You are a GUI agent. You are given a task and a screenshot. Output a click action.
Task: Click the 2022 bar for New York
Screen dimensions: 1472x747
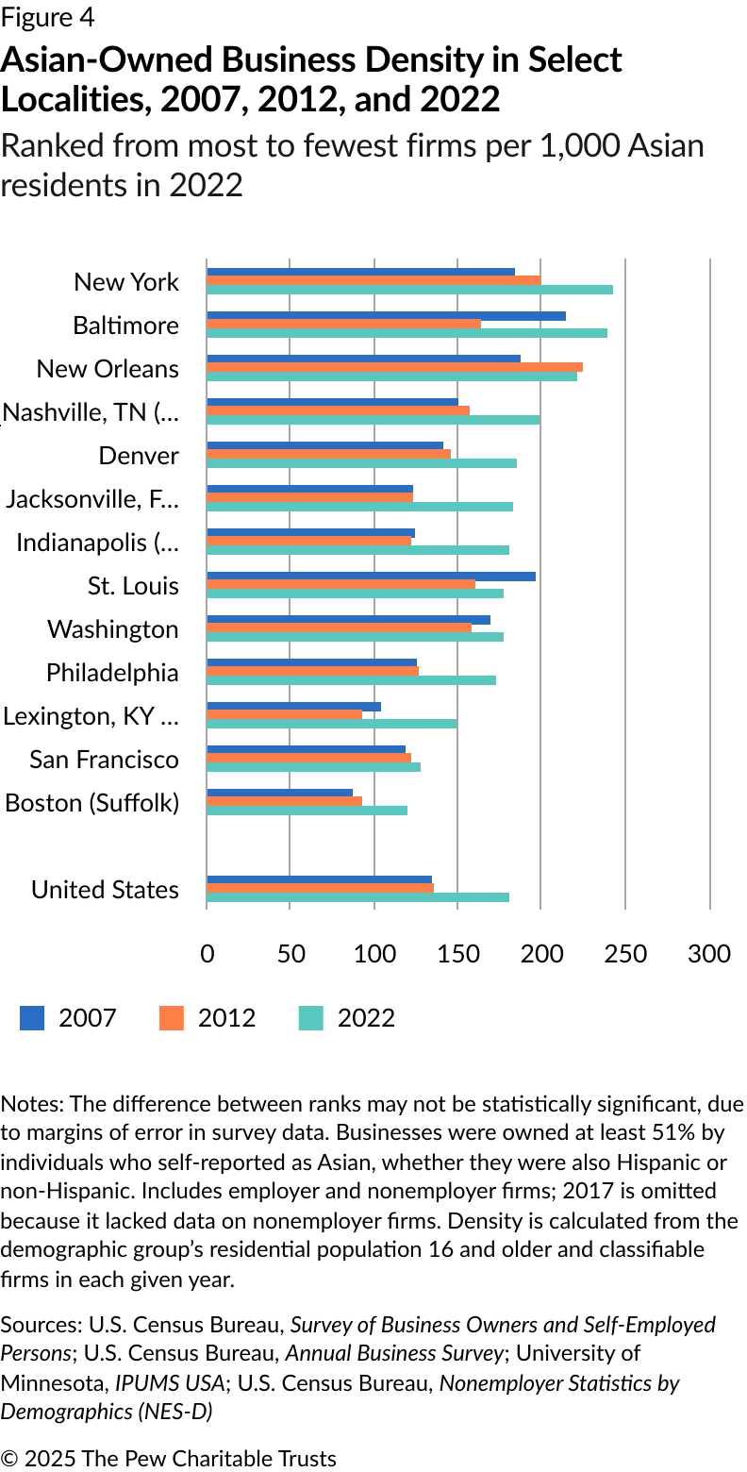(x=409, y=290)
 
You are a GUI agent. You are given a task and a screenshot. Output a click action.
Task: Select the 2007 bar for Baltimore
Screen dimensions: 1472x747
(x=386, y=316)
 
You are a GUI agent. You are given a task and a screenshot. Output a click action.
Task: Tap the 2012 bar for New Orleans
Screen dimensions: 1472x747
(x=394, y=367)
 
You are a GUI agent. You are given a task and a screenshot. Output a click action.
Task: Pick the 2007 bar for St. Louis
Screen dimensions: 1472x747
(x=371, y=577)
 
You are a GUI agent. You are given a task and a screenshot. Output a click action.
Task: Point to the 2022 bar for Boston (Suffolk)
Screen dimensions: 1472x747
(x=307, y=811)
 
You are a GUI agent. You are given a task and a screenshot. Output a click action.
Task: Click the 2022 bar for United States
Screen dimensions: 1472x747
(x=357, y=897)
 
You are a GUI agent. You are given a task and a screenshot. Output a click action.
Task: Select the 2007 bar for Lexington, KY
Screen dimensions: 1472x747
(x=293, y=707)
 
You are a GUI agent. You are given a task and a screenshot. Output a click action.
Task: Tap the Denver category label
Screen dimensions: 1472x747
(x=139, y=456)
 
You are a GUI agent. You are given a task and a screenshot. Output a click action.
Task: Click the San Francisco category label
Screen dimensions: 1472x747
(x=104, y=760)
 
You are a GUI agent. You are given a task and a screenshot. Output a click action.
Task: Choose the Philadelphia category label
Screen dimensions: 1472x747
(x=112, y=673)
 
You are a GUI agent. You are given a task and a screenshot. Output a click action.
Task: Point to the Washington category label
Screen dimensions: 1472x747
(x=112, y=629)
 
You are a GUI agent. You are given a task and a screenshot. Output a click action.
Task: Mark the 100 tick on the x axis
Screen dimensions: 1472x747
(x=374, y=954)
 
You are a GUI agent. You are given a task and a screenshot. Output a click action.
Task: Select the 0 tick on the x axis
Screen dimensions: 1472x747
(x=207, y=954)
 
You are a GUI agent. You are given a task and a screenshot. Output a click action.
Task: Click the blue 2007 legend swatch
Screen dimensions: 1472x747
(x=32, y=1018)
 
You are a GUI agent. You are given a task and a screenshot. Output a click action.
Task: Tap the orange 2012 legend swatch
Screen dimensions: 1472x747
(x=172, y=1018)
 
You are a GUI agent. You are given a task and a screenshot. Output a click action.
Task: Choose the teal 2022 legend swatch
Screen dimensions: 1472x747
(x=311, y=1018)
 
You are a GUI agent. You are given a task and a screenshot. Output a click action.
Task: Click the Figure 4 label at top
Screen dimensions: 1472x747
(x=48, y=18)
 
